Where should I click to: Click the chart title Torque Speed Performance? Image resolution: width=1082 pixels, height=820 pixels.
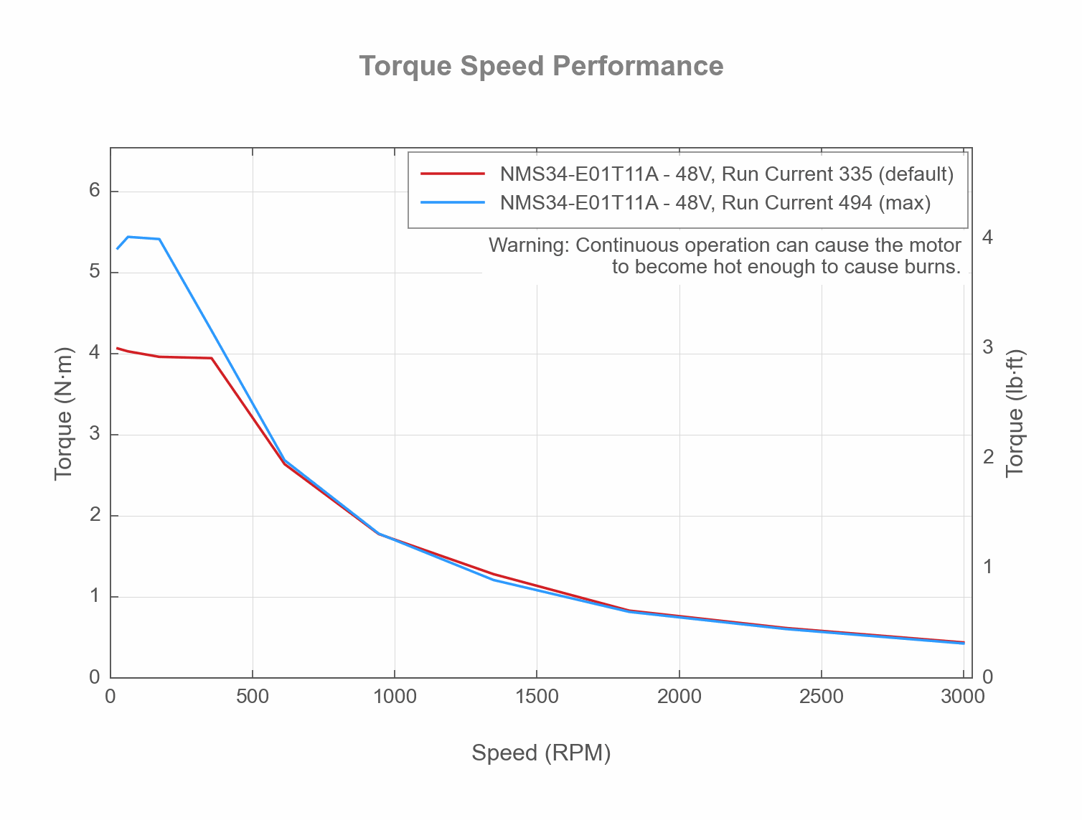(541, 66)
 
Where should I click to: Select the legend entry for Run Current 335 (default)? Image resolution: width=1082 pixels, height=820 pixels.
(726, 174)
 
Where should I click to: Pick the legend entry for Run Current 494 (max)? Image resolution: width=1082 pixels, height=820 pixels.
(715, 203)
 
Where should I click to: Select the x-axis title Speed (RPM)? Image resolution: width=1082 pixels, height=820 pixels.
(541, 753)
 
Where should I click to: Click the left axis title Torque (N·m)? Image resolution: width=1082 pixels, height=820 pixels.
(64, 413)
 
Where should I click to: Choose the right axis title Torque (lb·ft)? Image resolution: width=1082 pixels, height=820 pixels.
(1015, 413)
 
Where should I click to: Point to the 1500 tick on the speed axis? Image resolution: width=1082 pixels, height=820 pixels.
(537, 697)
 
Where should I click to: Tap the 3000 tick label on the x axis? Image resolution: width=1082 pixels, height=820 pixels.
(962, 697)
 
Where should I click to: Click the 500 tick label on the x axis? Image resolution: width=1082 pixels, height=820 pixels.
(253, 697)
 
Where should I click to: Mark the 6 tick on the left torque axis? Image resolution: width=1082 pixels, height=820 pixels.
(94, 192)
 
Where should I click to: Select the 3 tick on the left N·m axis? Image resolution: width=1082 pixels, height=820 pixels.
(94, 435)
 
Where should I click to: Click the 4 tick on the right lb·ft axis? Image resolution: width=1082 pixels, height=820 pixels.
(987, 237)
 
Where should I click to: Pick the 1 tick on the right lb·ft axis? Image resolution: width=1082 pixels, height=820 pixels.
(987, 567)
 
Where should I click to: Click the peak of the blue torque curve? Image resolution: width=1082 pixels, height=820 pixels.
(128, 237)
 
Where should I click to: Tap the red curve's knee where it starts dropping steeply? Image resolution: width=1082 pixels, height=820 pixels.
(211, 358)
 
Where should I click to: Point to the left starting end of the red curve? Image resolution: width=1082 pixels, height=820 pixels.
(118, 348)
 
